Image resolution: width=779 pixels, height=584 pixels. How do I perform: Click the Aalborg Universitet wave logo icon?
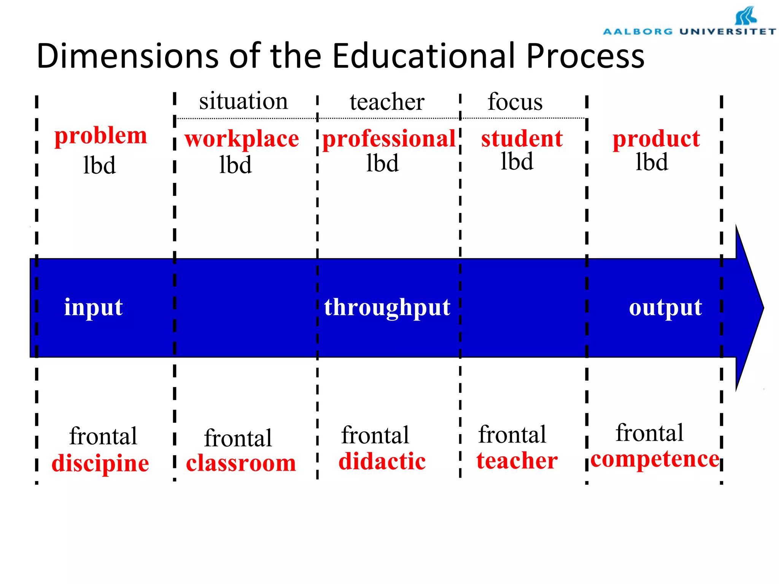pos(746,16)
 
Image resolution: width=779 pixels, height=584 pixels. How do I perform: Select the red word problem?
pos(101,136)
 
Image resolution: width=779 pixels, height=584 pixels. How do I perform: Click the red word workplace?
pos(242,139)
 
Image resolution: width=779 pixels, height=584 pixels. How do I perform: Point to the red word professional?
pos(389,139)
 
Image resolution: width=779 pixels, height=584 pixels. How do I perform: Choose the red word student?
pos(522,138)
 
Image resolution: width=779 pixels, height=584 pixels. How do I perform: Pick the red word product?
pos(656,139)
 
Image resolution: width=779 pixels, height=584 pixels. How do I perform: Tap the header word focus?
pos(515,102)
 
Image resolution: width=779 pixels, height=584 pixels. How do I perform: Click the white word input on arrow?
pos(93,307)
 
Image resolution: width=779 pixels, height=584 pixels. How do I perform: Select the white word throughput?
pos(387,307)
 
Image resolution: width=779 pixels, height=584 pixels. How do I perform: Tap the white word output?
pos(665,307)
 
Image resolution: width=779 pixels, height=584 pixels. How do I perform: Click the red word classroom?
pos(241,463)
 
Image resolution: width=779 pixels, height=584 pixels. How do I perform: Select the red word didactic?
pos(382,462)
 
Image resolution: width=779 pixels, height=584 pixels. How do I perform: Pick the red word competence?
pos(655,459)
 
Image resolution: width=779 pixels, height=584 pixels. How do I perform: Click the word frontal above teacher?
pos(512,435)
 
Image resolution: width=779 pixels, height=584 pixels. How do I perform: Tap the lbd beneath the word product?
pos(652,162)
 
